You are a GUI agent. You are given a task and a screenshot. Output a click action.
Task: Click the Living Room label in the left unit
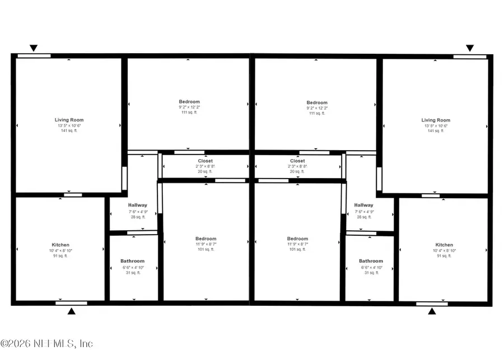click(69, 120)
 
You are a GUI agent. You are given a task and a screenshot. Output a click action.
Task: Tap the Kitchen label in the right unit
click(444, 245)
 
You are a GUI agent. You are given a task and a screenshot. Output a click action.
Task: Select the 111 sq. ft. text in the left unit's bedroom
click(189, 113)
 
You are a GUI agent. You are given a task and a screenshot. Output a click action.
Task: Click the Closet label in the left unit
click(206, 161)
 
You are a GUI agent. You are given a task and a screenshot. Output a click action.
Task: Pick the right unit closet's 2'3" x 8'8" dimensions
click(298, 166)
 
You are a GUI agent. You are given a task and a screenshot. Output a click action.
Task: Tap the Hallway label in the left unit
click(137, 205)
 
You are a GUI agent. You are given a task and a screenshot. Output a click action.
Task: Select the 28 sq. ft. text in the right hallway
click(363, 217)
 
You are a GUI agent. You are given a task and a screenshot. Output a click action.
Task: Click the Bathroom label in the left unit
click(132, 261)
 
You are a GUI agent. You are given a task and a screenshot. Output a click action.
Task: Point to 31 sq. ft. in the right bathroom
click(371, 273)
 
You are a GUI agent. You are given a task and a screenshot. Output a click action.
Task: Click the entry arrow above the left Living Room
click(34, 48)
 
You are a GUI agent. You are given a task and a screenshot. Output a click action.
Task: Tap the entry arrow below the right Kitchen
click(432, 311)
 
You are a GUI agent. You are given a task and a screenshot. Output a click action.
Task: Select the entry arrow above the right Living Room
click(470, 48)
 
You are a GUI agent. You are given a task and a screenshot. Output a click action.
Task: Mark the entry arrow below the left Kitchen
click(71, 311)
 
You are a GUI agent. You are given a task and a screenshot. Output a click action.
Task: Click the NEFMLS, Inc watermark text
click(47, 343)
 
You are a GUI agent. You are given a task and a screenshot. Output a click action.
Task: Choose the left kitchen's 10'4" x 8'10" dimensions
click(60, 251)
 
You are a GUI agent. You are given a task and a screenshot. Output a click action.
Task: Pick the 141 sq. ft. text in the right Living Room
click(436, 130)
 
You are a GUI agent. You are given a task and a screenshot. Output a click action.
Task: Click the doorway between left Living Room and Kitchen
click(72, 195)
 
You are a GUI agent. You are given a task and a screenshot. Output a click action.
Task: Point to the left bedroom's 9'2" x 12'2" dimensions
click(189, 107)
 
